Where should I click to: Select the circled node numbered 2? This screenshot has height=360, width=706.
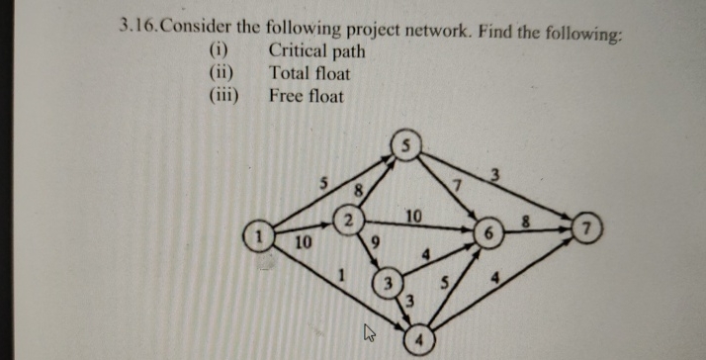pos(348,218)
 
